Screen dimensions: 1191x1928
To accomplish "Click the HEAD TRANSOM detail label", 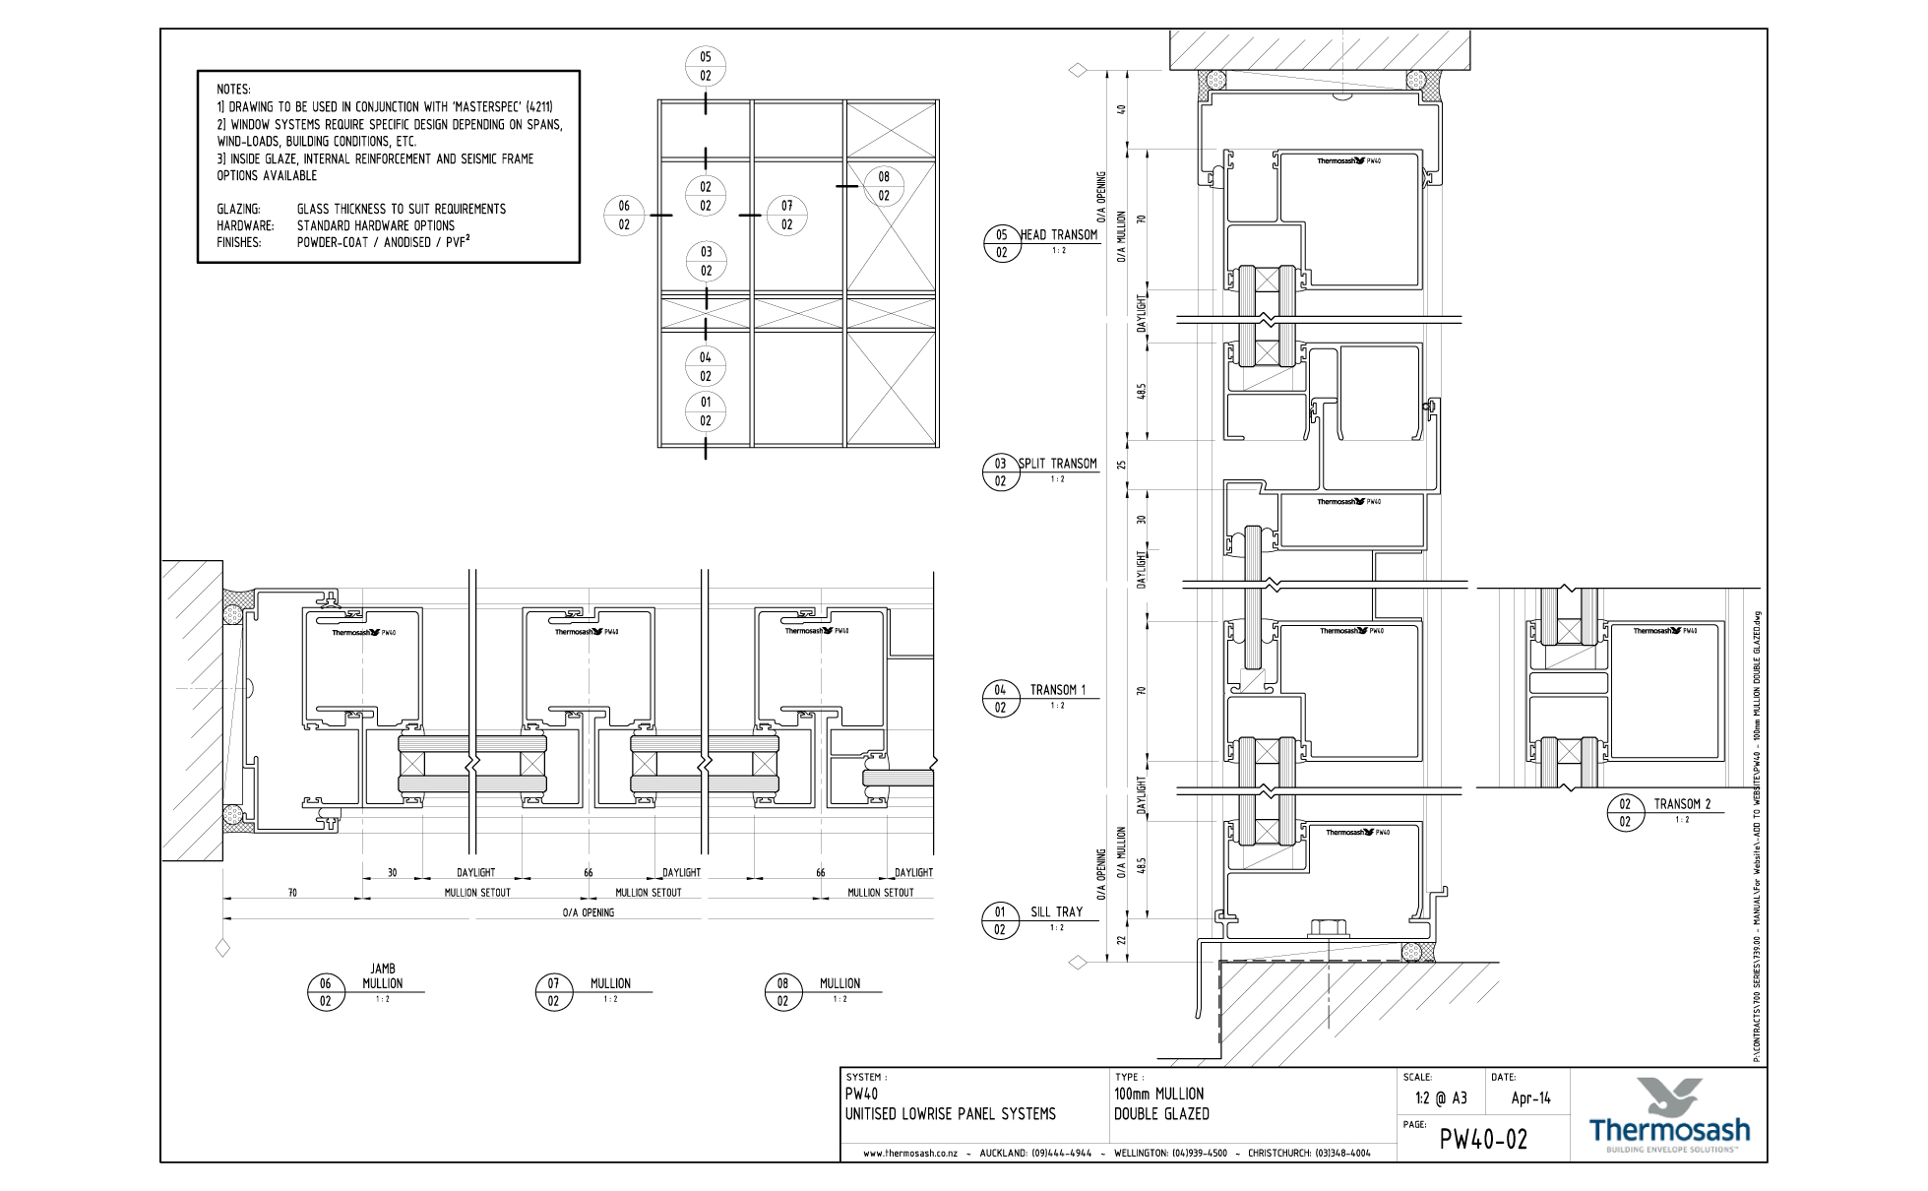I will pyautogui.click(x=1058, y=235).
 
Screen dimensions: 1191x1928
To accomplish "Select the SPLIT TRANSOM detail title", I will pyautogui.click(x=1057, y=464).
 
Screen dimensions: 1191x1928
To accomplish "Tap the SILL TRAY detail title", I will pyautogui.click(x=1056, y=912).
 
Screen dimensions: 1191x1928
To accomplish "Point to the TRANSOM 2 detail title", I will pyautogui.click(x=1682, y=804).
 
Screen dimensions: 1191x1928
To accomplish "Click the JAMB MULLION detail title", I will pyautogui.click(x=382, y=976).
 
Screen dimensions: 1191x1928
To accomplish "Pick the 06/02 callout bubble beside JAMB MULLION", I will pyautogui.click(x=326, y=992).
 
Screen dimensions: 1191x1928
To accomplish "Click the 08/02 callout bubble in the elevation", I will pyautogui.click(x=884, y=186).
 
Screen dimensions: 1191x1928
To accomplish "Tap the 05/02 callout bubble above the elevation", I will pyautogui.click(x=706, y=66).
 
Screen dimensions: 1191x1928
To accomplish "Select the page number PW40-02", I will pyautogui.click(x=1483, y=1140).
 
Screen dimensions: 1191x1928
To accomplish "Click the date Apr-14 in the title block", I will pyautogui.click(x=1530, y=1098).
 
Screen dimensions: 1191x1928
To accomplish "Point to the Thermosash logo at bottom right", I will pyautogui.click(x=1669, y=1116).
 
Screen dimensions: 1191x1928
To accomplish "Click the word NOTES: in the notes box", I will pyautogui.click(x=234, y=90).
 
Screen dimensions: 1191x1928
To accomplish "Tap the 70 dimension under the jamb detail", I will pyautogui.click(x=292, y=893).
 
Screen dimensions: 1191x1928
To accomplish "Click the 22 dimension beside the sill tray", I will pyautogui.click(x=1121, y=941).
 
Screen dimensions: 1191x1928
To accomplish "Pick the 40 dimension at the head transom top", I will pyautogui.click(x=1121, y=109).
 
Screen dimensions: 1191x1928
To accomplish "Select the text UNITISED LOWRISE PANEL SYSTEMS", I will pyautogui.click(x=950, y=1114).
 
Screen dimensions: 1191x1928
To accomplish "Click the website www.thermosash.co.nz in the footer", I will pyautogui.click(x=909, y=1153).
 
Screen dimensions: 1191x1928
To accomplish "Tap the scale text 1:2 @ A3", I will pyautogui.click(x=1441, y=1098).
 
